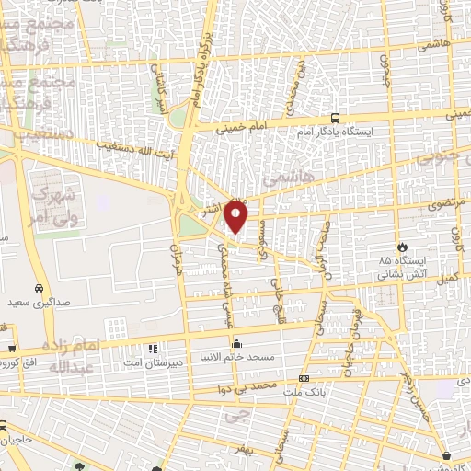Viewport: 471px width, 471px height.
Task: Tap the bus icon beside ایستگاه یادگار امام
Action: [x=334, y=119]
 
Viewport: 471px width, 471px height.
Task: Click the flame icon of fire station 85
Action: [x=402, y=247]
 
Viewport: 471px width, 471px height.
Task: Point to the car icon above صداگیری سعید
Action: [x=39, y=288]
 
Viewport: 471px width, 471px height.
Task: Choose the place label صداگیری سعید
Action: [x=40, y=302]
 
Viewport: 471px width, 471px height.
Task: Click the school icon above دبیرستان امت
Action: [x=153, y=349]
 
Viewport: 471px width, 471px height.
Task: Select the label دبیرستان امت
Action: [x=153, y=362]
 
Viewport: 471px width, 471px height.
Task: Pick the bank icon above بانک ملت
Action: [x=304, y=378]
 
